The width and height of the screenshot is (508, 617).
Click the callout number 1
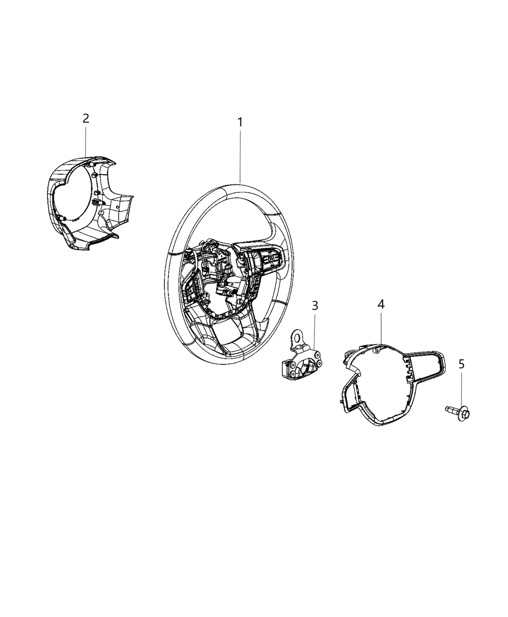240,122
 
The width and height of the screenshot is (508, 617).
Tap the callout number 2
86,119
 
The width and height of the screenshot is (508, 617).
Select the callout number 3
315,306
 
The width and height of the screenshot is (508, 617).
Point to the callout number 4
381,304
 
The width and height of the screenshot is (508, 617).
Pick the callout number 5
462,364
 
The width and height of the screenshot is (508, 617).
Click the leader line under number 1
240,157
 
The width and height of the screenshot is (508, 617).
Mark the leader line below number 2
86,142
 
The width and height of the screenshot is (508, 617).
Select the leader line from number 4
381,328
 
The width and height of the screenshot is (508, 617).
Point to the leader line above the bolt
461,391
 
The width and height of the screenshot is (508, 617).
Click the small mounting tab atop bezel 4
377,350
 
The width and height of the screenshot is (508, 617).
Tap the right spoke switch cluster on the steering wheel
265,259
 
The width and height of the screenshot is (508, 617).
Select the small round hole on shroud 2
118,208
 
